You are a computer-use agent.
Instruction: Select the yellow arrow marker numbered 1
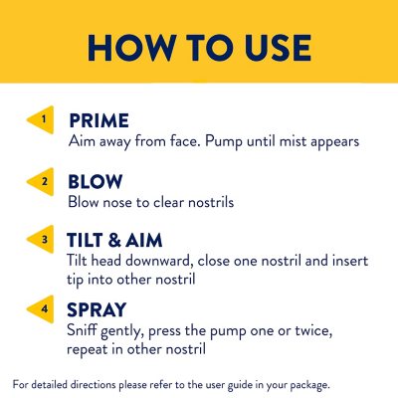41,119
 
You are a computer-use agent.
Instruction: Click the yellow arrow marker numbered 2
41,182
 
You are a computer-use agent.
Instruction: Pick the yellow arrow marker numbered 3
41,239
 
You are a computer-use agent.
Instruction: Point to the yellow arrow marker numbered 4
41,309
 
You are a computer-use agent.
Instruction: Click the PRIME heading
99,120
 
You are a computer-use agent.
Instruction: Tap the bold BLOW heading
96,182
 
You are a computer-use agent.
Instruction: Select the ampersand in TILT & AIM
114,240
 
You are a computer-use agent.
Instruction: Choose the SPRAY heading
97,309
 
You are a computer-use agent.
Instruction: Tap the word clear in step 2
169,202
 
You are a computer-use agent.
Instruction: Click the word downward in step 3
159,261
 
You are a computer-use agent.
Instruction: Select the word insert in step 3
350,261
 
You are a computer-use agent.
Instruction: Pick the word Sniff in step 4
83,330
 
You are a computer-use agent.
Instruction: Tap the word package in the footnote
310,385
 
